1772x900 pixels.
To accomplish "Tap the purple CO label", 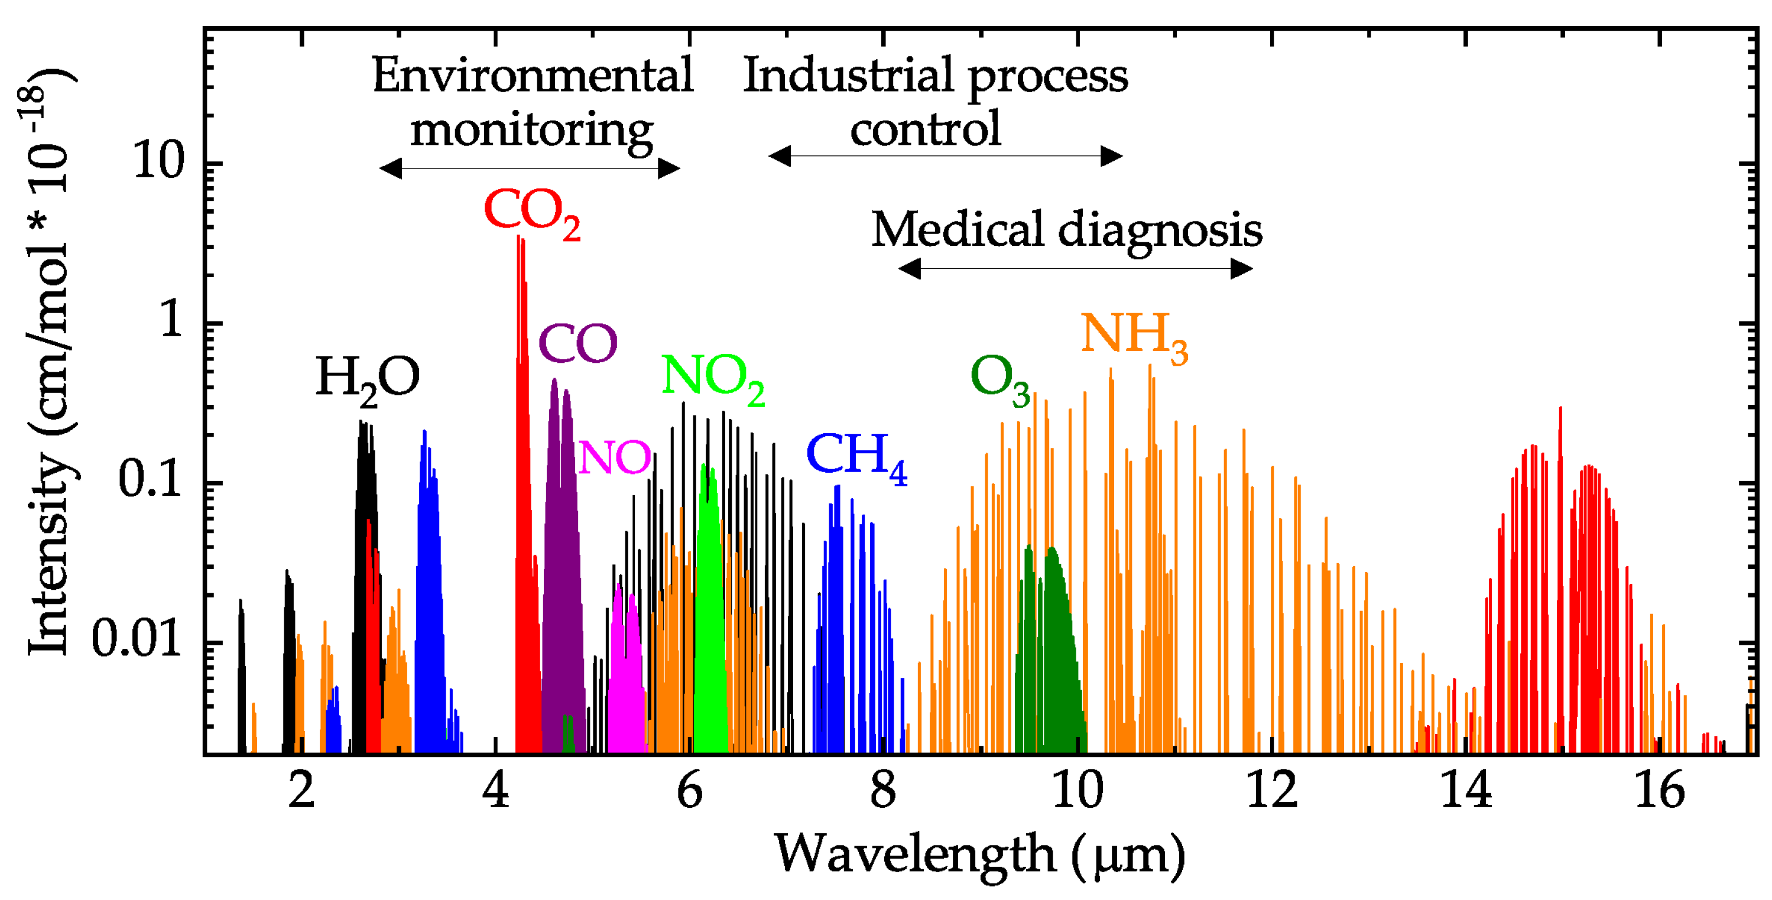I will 578,344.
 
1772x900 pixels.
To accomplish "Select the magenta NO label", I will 614,457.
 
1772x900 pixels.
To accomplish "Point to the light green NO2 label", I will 712,378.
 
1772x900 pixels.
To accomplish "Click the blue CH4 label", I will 855,457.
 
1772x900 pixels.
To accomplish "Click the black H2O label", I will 366,379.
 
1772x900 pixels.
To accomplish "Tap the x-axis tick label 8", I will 882,791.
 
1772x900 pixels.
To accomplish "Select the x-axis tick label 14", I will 1465,791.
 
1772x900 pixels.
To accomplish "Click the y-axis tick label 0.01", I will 136,639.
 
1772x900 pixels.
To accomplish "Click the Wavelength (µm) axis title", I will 979,854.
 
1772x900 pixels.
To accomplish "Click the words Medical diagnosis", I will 1066,230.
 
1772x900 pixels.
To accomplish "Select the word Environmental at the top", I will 532,76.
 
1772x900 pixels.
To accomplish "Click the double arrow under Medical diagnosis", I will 1075,269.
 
